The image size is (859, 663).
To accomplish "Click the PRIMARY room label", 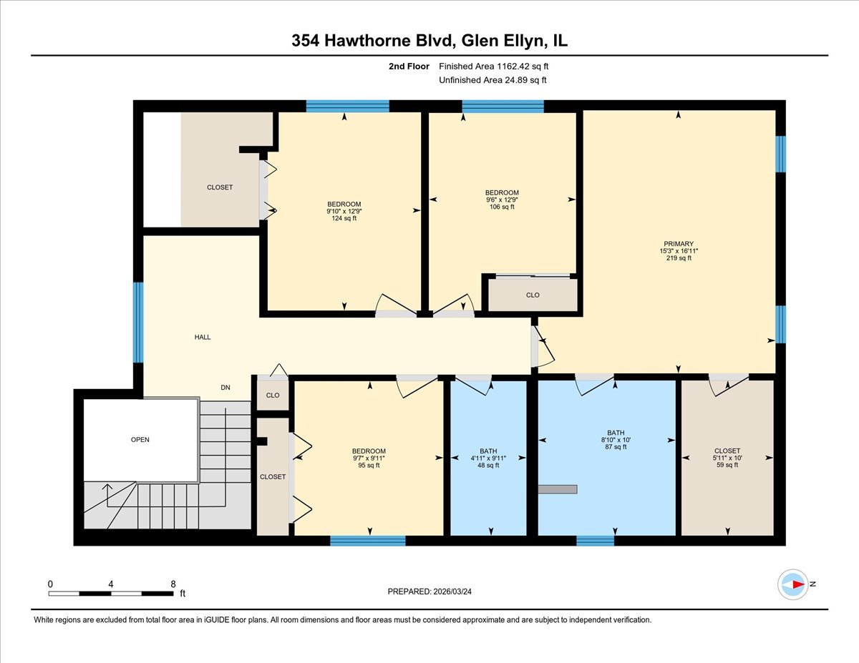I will (676, 244).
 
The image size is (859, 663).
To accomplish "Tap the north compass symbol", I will (793, 584).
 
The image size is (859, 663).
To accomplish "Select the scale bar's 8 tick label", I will (173, 584).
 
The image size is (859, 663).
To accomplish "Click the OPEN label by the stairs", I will (140, 440).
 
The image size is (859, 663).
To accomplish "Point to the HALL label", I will (203, 337).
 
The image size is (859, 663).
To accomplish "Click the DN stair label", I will (225, 388).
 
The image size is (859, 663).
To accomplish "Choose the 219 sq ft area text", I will (676, 258).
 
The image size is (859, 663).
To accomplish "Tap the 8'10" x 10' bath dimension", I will (616, 440).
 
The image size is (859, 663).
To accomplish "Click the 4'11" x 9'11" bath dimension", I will (488, 458).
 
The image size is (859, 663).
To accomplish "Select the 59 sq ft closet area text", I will (727, 465).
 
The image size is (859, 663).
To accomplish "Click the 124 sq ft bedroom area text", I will (344, 218).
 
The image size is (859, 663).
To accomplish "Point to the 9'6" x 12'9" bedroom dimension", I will (502, 200).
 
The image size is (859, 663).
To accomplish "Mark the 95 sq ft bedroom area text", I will (369, 465).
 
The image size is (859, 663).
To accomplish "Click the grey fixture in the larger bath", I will (558, 489).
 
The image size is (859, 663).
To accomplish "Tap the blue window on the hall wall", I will (138, 322).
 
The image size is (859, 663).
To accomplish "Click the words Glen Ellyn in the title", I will (493, 41).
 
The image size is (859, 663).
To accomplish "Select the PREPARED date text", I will (430, 591).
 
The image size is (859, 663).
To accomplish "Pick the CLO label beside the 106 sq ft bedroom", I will (533, 295).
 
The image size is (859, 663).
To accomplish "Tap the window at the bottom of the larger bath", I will (595, 541).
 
